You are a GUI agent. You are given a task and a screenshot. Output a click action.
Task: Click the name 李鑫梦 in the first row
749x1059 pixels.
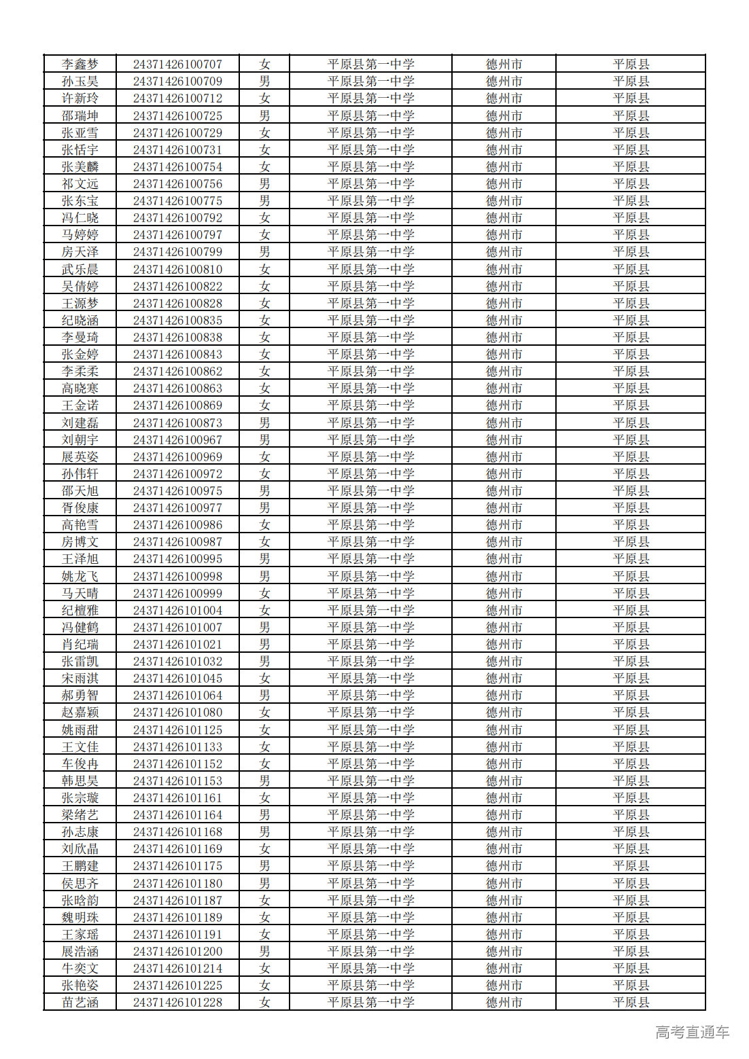(x=80, y=65)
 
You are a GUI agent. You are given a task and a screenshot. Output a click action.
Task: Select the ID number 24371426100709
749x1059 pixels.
(x=177, y=82)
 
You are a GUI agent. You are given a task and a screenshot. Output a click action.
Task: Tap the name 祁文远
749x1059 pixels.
(x=80, y=184)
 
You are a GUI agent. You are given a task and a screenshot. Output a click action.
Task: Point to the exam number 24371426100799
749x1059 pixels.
(x=177, y=252)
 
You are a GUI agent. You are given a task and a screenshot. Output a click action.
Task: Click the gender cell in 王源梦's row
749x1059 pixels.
(x=264, y=304)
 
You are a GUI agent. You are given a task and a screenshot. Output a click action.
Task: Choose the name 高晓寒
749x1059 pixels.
(x=80, y=389)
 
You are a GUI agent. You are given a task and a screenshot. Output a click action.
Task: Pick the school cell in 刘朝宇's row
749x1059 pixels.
(x=370, y=440)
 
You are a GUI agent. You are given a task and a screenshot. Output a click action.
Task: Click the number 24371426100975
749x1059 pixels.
(x=177, y=491)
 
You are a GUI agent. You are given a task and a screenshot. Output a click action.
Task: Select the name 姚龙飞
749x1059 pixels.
(x=80, y=577)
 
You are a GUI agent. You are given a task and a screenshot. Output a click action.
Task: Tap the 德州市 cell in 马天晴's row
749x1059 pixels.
(x=504, y=594)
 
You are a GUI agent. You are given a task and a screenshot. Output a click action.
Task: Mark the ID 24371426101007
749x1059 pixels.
(x=177, y=628)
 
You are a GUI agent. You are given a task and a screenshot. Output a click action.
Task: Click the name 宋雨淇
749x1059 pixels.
(x=80, y=679)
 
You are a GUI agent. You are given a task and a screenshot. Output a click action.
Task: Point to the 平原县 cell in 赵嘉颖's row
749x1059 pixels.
(x=631, y=713)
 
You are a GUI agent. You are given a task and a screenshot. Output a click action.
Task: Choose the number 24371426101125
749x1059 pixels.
(x=177, y=730)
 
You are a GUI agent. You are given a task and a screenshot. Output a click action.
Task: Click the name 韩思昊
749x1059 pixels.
(x=80, y=781)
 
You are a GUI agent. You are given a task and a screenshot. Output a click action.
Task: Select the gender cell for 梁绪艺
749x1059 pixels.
(x=264, y=815)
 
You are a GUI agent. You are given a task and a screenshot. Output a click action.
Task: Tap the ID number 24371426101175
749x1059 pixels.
(x=177, y=866)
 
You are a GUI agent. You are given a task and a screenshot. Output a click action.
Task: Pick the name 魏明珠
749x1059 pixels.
(x=80, y=918)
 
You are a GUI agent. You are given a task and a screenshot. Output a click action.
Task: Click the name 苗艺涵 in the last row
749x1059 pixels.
(x=80, y=1003)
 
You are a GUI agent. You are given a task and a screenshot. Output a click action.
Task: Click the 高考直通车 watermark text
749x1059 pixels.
(x=692, y=1033)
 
